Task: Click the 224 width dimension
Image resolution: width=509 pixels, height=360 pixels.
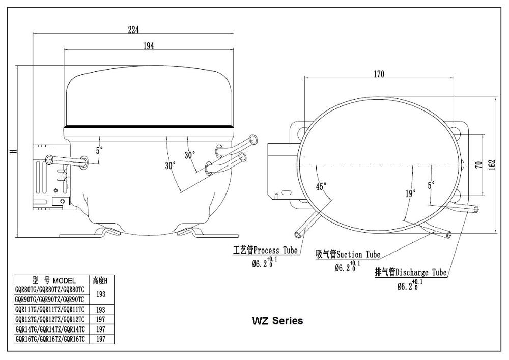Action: pyautogui.click(x=133, y=30)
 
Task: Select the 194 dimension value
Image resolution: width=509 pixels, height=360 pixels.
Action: pyautogui.click(x=148, y=46)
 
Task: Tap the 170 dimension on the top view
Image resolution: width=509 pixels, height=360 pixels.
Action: pyautogui.click(x=379, y=74)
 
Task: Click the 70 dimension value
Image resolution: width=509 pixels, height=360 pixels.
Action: pyautogui.click(x=478, y=165)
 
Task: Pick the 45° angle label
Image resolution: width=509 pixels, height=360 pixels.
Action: pyautogui.click(x=321, y=186)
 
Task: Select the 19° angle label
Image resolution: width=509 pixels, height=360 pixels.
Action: pyautogui.click(x=410, y=193)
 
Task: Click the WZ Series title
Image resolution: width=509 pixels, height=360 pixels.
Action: pyautogui.click(x=277, y=321)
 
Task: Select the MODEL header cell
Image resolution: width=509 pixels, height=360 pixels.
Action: pyautogui.click(x=52, y=280)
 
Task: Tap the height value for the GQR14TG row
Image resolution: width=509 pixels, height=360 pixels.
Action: pyautogui.click(x=101, y=328)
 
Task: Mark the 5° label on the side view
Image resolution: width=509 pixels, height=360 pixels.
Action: pyautogui.click(x=99, y=150)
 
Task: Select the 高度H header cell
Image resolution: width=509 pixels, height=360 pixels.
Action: pyautogui.click(x=101, y=280)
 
